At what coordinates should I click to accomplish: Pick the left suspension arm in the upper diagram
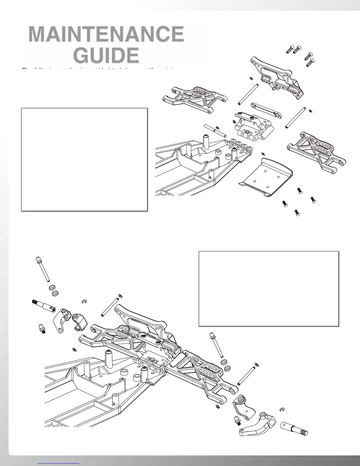(196, 98)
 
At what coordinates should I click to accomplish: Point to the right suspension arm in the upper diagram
(316, 150)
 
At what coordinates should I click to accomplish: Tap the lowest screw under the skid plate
(297, 212)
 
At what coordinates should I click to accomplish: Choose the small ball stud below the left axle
(42, 328)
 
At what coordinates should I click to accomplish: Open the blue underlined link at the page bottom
(59, 463)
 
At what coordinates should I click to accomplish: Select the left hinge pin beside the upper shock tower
(248, 94)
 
